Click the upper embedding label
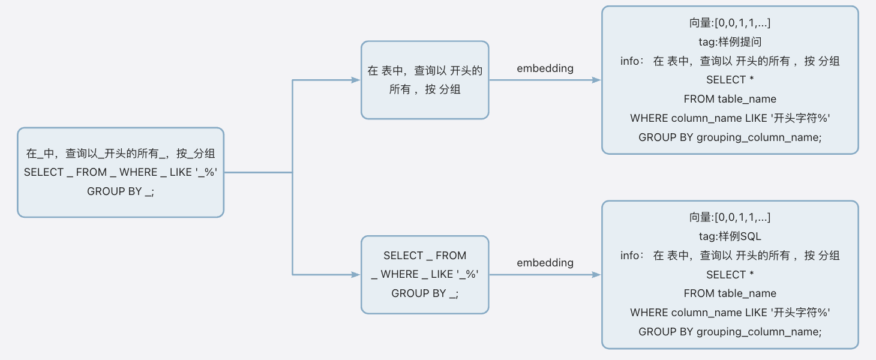tap(545, 68)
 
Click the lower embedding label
tap(545, 263)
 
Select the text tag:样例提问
tap(730, 42)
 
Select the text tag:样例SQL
tap(730, 236)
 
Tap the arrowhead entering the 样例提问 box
tap(596, 80)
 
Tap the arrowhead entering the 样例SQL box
tap(596, 275)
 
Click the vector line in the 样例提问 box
tap(730, 23)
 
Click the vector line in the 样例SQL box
tap(730, 217)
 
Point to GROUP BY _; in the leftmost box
tap(121, 191)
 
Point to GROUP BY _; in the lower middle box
tap(425, 293)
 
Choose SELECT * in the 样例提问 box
tap(730, 80)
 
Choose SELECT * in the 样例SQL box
tap(730, 274)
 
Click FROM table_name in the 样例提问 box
tap(730, 99)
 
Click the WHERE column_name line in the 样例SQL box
tap(730, 313)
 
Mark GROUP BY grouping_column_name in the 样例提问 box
tap(730, 137)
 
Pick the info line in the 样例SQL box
tap(730, 256)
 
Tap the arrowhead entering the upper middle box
tap(356, 80)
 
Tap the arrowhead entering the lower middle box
tap(356, 275)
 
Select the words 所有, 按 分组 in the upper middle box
tap(425, 90)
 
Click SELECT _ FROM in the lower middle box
tap(425, 256)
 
